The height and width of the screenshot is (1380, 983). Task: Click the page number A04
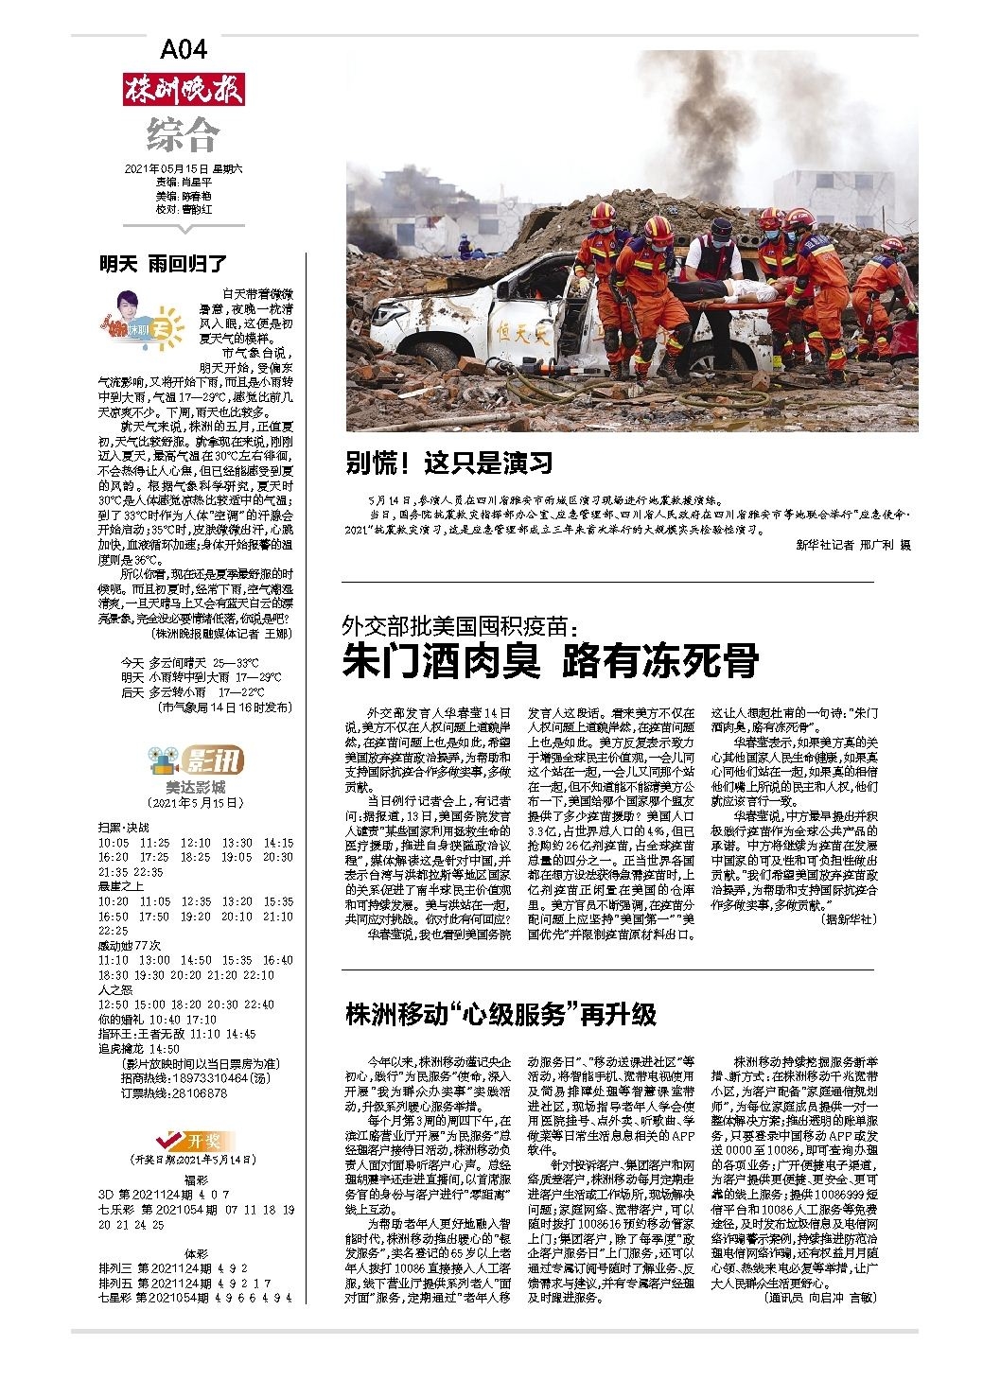(x=184, y=49)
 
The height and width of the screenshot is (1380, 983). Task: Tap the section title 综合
(x=184, y=134)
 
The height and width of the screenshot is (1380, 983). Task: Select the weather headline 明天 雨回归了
(x=164, y=264)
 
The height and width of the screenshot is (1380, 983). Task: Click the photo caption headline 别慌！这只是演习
(x=448, y=463)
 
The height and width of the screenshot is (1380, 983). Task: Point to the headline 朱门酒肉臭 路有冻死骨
(x=550, y=660)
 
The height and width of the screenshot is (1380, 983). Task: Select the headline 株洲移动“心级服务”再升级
(x=500, y=1014)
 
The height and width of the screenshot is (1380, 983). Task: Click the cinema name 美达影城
(x=195, y=786)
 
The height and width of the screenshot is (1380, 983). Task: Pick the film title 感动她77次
(x=130, y=945)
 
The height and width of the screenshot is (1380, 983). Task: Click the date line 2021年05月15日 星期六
(x=184, y=168)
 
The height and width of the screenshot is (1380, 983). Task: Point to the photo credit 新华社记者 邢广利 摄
(x=853, y=546)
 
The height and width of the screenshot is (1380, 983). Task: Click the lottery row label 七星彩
(x=116, y=1298)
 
